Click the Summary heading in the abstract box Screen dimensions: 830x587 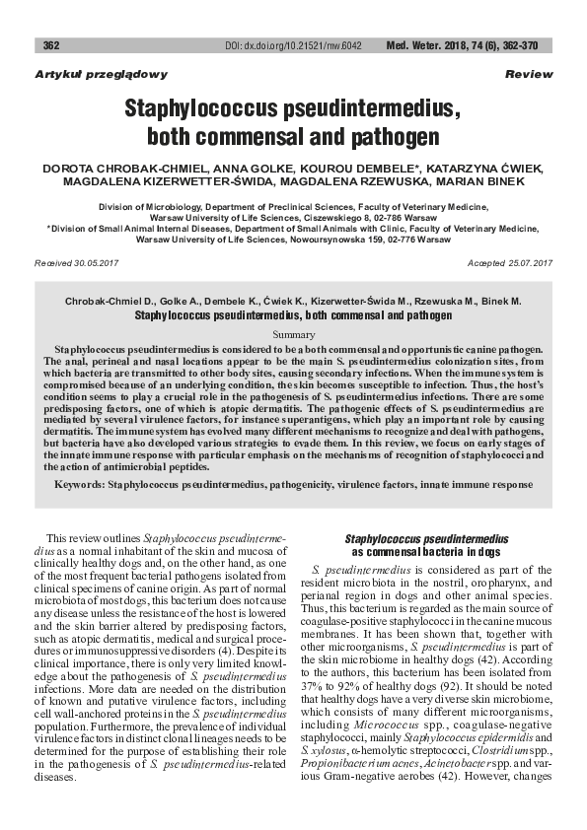293,335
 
